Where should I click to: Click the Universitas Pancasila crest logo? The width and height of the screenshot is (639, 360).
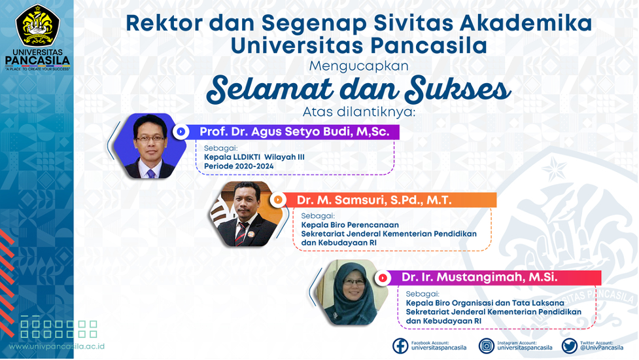click(x=37, y=26)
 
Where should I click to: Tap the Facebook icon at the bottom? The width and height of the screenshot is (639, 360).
click(x=400, y=346)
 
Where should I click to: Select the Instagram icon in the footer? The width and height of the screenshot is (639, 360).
click(x=486, y=346)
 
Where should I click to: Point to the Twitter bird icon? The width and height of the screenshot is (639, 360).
click(x=569, y=346)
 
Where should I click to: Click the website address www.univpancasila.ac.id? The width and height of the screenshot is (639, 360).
click(x=57, y=346)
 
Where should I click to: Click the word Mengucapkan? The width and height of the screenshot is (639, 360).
click(x=358, y=65)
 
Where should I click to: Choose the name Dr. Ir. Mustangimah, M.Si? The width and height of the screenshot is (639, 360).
click(x=479, y=278)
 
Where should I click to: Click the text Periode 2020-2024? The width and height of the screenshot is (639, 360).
click(x=239, y=166)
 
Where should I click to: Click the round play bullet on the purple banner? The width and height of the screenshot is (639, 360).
click(x=181, y=132)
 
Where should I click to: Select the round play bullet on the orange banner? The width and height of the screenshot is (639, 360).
click(x=278, y=200)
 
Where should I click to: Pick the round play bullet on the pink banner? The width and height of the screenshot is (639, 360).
click(x=383, y=278)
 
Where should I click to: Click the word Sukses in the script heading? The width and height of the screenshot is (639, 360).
click(x=458, y=89)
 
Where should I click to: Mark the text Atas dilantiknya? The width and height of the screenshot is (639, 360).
click(x=359, y=111)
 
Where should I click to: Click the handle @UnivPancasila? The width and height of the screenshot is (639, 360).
click(x=602, y=348)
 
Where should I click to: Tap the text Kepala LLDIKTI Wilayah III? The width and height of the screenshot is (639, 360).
click(x=254, y=157)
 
